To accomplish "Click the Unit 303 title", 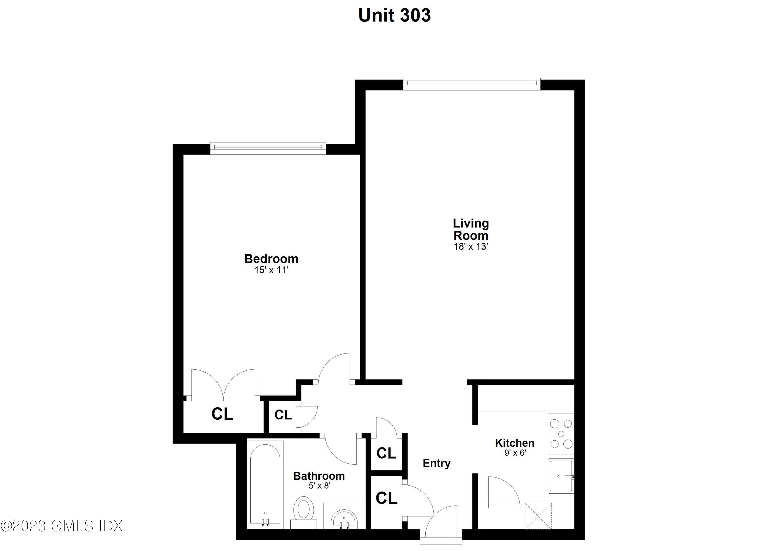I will point(394,15).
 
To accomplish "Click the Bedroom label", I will point(271,259).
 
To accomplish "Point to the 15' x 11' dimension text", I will point(271,270).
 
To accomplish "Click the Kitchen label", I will point(514,443).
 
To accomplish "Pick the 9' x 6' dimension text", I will point(515,453).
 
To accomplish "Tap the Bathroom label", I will point(319,476).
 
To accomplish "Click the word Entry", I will point(437,463).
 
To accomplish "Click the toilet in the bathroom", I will point(304,512).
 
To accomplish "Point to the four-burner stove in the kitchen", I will point(561,434).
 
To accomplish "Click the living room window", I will point(471,84).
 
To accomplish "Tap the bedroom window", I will point(268,148).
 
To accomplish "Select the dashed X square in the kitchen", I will point(538,516).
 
